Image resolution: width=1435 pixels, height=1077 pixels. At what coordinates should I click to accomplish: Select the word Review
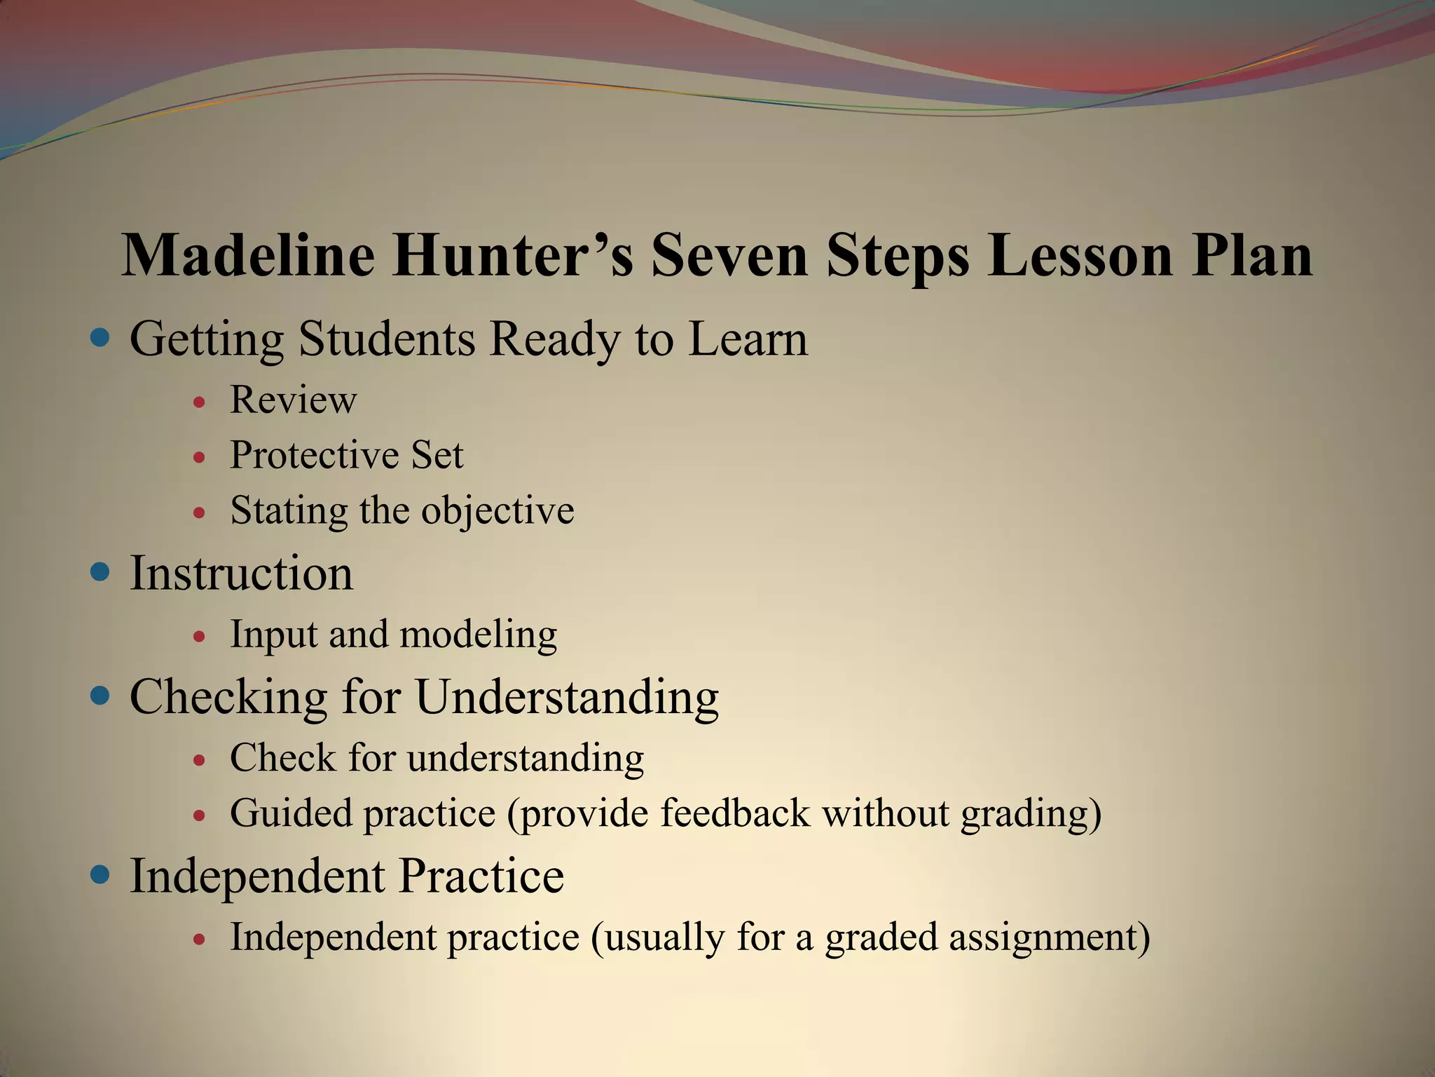coord(293,400)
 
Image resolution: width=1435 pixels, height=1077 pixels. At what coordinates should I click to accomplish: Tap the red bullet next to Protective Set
coord(200,457)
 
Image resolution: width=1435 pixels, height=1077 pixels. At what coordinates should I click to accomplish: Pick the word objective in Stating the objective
coord(497,510)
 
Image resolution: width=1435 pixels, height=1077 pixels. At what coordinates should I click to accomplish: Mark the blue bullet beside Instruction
coord(101,573)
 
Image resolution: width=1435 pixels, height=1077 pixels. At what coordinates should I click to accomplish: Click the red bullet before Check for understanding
coord(200,759)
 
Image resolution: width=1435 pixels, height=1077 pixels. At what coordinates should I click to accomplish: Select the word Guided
coord(291,813)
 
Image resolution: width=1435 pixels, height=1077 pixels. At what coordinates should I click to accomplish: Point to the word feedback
coord(734,813)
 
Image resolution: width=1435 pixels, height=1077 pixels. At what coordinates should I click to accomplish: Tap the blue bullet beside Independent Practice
coord(101,874)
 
